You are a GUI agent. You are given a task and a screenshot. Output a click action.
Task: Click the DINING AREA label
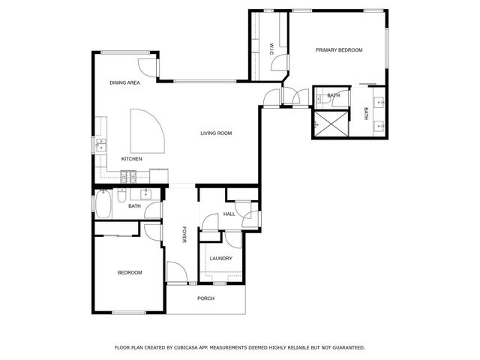[x=124, y=83]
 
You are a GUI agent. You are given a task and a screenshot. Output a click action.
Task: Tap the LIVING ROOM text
[x=216, y=133]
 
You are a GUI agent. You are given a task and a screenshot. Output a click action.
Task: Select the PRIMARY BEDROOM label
[x=339, y=50]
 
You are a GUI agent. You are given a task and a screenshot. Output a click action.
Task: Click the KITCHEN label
[x=132, y=159]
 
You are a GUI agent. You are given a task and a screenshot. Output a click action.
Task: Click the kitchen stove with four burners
[x=128, y=177]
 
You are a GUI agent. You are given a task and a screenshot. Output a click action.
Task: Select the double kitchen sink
[x=100, y=145]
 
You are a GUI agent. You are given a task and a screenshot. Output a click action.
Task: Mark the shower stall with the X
[x=327, y=124]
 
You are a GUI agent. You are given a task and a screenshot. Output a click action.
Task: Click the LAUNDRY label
[x=220, y=259]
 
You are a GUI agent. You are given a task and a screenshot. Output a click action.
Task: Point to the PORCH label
[x=205, y=298]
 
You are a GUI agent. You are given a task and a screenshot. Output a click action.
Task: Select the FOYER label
[x=184, y=235]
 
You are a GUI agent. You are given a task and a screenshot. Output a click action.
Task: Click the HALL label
[x=229, y=214]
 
